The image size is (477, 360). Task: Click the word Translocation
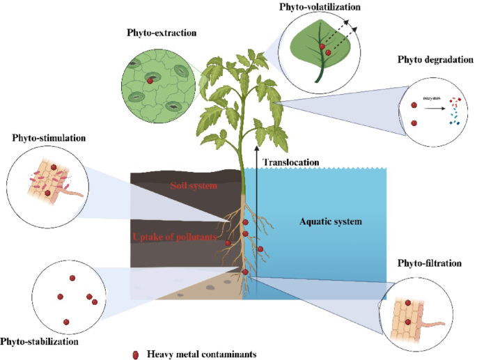(291, 162)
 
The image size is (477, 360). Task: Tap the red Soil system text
(194, 186)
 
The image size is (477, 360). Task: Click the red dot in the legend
(136, 354)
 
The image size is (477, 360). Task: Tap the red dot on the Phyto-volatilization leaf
(322, 48)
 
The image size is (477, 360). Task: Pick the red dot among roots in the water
(260, 249)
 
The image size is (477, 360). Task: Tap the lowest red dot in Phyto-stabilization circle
(66, 322)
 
